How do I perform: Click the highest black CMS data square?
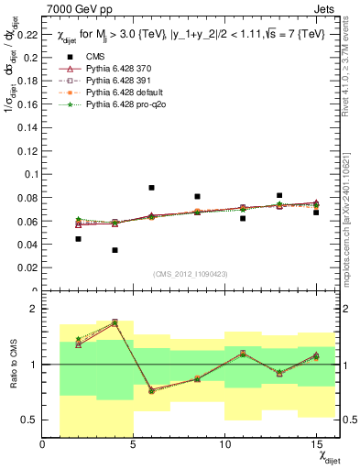coord(151,188)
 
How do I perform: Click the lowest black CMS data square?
coord(115,250)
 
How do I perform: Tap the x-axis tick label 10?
coord(224,445)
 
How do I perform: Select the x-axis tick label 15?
coord(315,445)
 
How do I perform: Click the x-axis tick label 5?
coord(134,445)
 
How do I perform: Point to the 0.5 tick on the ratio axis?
coord(29,420)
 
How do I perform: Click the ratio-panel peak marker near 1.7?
coord(115,322)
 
